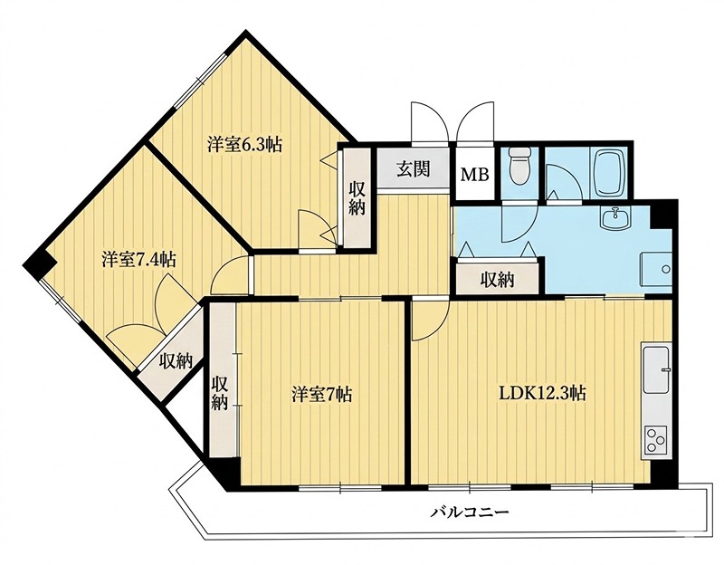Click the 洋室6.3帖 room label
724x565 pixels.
(x=243, y=143)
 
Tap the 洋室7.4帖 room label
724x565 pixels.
(x=138, y=259)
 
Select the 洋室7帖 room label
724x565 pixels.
(x=321, y=394)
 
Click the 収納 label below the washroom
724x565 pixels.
(x=497, y=279)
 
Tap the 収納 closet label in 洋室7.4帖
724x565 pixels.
(x=176, y=360)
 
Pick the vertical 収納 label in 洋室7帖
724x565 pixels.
(x=220, y=395)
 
